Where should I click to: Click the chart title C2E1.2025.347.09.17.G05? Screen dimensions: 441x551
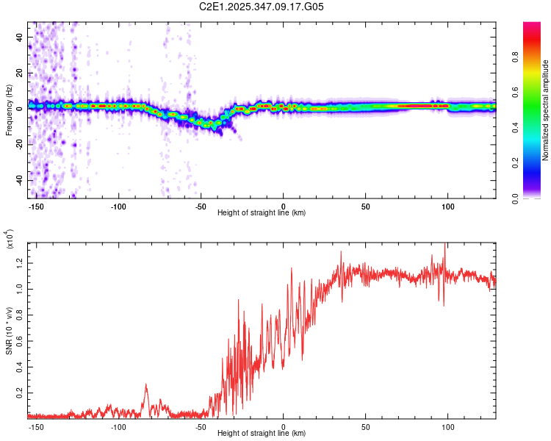tap(262, 7)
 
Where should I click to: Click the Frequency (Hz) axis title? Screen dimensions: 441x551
tap(9, 110)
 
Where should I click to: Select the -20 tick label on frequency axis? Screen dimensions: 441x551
tap(19, 145)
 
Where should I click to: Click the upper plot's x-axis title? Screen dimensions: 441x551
tap(262, 213)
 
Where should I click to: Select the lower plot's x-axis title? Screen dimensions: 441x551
tap(262, 434)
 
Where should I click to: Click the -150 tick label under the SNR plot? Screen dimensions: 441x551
tap(37, 426)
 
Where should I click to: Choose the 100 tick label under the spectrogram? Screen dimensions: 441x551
tap(447, 206)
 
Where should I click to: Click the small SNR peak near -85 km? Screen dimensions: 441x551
tap(145, 384)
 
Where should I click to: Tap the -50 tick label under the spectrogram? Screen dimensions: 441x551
tap(201, 206)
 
